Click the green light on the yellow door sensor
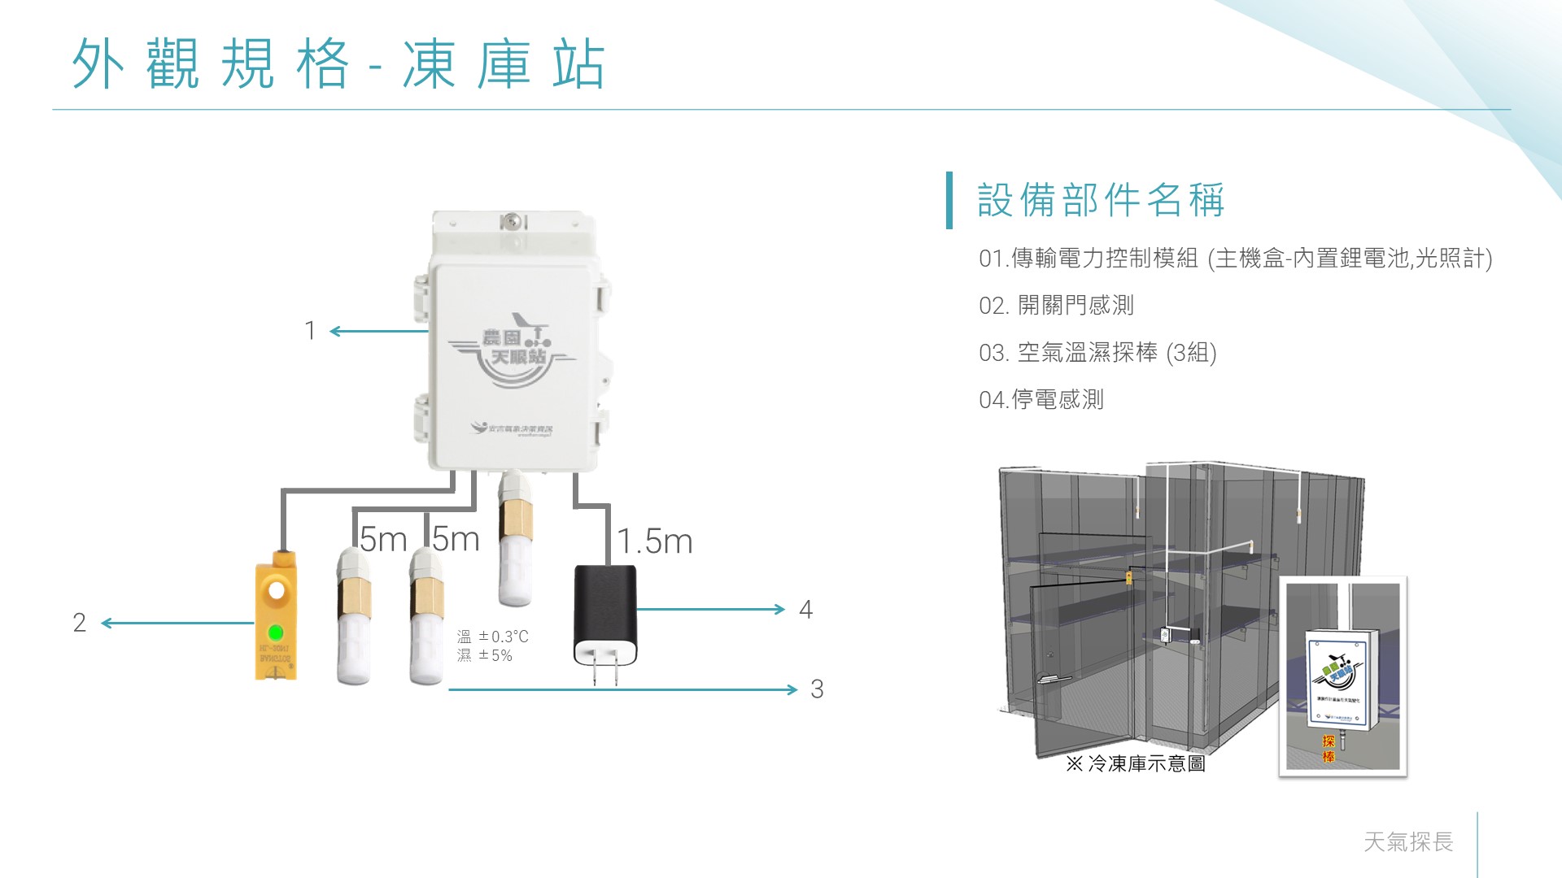tap(276, 632)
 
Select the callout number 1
tap(309, 331)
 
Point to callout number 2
tap(79, 623)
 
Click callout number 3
tap(817, 689)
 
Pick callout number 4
tap(805, 610)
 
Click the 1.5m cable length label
tap(655, 541)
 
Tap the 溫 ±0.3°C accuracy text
tap(493, 637)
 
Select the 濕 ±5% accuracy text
tap(485, 655)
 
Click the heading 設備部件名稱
tap(1100, 200)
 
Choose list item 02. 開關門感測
tap(1056, 306)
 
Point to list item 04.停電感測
tap(1041, 400)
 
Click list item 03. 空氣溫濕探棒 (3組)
tap(1097, 353)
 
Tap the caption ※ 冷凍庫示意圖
tap(1136, 763)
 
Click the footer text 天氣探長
tap(1408, 841)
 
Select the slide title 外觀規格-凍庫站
tap(338, 64)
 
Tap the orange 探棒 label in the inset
tap(1329, 749)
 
